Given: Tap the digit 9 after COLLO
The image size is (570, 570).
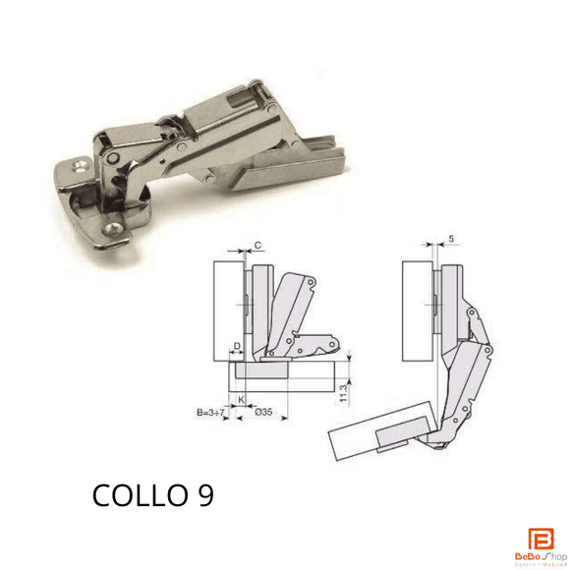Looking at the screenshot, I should (198, 495).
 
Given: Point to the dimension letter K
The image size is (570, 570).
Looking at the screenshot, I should (241, 400).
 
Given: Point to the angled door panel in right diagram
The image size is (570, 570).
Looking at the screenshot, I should (378, 428).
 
